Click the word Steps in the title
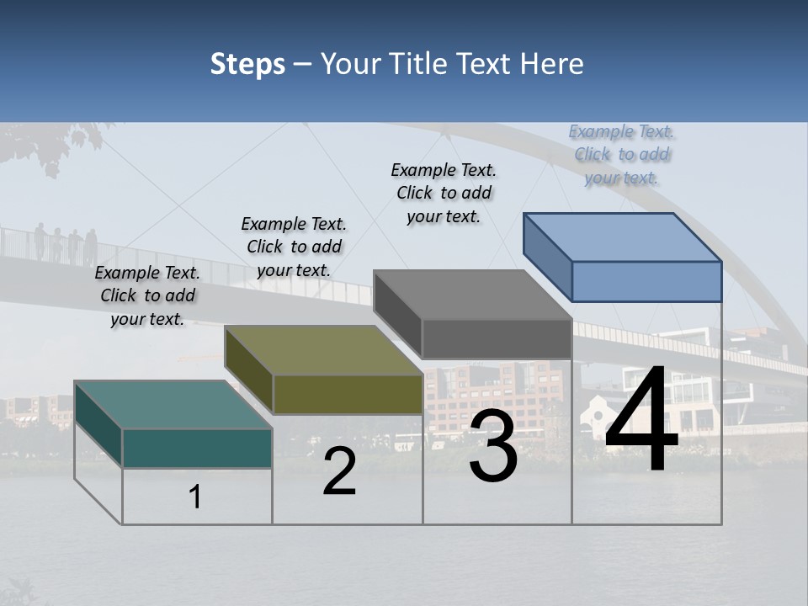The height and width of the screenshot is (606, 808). click(x=247, y=64)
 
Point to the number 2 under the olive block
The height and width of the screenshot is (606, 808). click(x=339, y=472)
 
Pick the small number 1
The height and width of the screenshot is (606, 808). click(x=195, y=497)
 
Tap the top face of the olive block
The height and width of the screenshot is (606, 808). click(x=323, y=350)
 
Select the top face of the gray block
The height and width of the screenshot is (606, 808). click(x=472, y=295)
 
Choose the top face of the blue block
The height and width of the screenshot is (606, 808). click(x=623, y=237)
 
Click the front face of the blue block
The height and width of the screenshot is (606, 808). click(x=646, y=281)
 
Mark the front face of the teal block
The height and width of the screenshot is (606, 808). click(x=197, y=448)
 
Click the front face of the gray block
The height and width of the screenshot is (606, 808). click(x=497, y=339)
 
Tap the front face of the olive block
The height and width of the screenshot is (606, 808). click(x=348, y=394)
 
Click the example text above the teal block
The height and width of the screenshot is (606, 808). click(x=147, y=295)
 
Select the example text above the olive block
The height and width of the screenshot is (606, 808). click(x=294, y=247)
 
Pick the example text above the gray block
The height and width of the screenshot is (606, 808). click(x=444, y=193)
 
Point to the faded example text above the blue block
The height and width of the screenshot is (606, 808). click(x=621, y=154)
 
